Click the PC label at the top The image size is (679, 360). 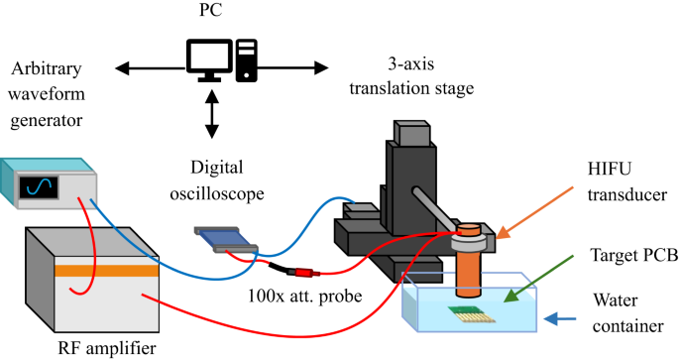click(211, 16)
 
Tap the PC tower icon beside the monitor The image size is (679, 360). click(246, 62)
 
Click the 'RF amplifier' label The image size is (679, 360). click(108, 345)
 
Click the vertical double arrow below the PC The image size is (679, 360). click(211, 117)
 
